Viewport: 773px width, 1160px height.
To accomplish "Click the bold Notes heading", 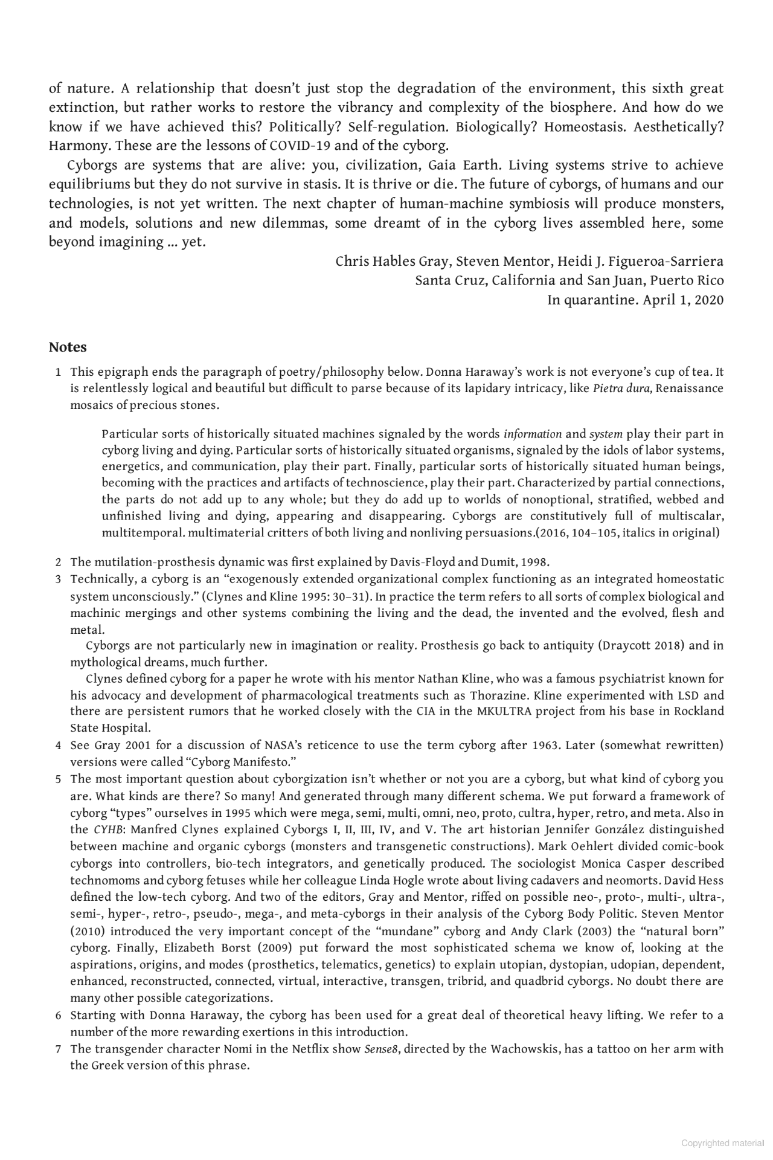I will (68, 347).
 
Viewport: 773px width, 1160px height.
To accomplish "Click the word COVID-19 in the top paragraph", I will (300, 146).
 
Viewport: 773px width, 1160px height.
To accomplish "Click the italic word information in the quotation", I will (532, 434).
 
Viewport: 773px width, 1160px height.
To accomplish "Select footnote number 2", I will (59, 562).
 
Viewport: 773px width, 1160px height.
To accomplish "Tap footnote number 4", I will (59, 746).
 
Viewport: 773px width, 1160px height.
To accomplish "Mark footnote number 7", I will (59, 1049).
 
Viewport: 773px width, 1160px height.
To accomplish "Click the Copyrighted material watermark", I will (722, 1143).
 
